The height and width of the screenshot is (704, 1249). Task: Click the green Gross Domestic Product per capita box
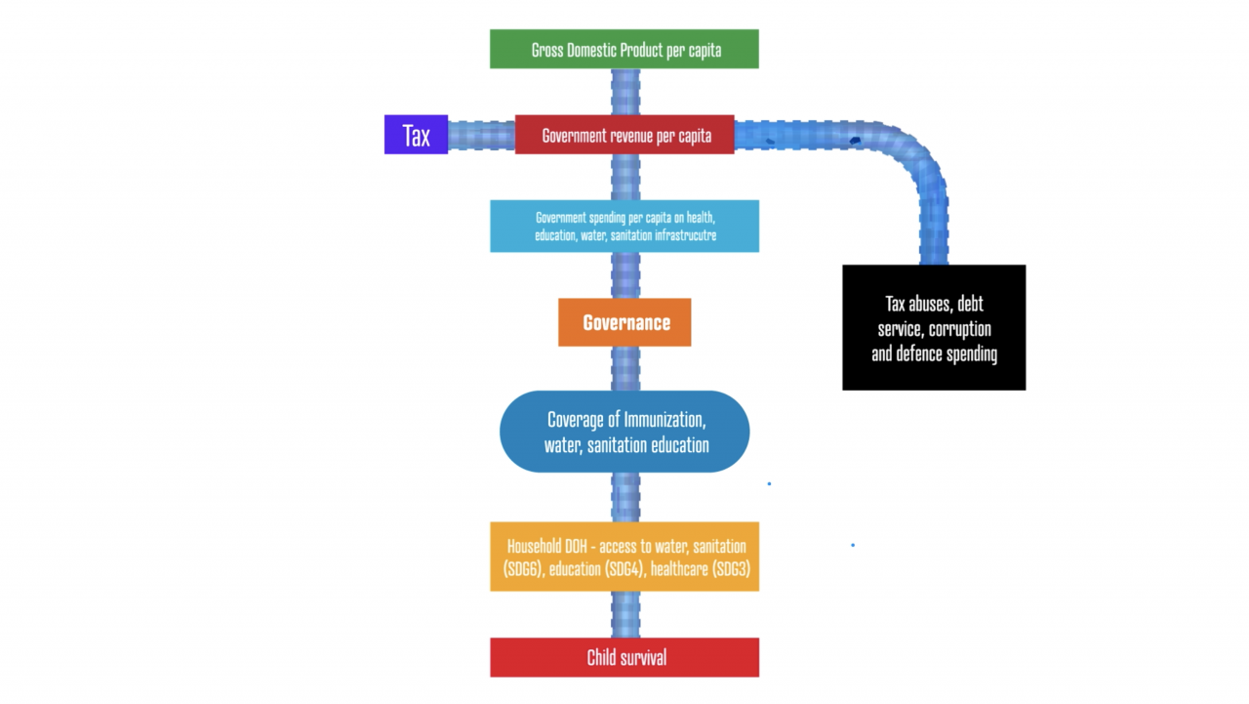[x=624, y=49]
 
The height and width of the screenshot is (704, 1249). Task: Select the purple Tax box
[x=416, y=135]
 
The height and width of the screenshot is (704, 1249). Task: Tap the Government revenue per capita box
[x=624, y=135]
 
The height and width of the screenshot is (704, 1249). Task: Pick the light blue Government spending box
[x=624, y=226]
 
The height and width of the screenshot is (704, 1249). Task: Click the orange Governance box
[x=624, y=322]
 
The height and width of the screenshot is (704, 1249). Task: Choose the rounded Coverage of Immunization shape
[x=624, y=432]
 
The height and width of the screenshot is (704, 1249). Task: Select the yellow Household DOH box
[x=624, y=557]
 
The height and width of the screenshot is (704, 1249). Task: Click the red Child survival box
[x=624, y=657]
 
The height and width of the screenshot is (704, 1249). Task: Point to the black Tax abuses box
[x=934, y=327]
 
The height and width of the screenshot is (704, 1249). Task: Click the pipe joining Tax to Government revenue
[x=481, y=136]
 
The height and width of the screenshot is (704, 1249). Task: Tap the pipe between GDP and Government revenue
[x=625, y=92]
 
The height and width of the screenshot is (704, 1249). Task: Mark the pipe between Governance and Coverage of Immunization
[x=625, y=369]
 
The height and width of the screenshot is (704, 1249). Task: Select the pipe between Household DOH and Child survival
[x=625, y=615]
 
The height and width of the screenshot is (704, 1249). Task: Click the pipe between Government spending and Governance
[x=625, y=275]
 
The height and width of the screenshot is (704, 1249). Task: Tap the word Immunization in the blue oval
[x=665, y=420]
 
